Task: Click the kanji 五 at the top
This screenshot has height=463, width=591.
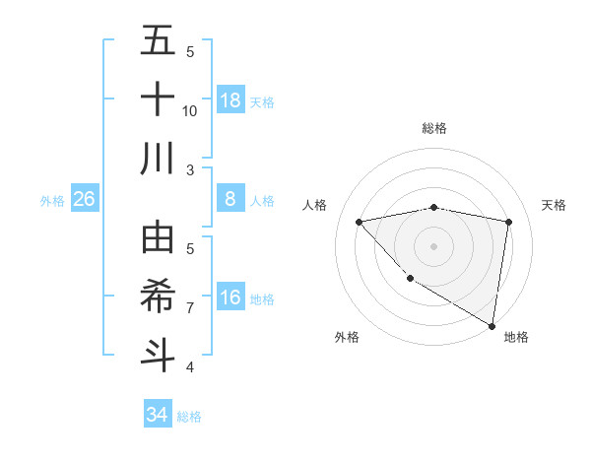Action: (158, 41)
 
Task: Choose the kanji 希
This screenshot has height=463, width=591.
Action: (158, 296)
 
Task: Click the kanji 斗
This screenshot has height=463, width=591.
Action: (158, 354)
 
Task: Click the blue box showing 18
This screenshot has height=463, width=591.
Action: (230, 100)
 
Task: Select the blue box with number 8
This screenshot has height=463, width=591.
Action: (230, 199)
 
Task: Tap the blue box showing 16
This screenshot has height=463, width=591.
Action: (230, 298)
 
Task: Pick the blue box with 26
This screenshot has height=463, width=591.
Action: (85, 199)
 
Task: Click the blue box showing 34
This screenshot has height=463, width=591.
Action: (158, 415)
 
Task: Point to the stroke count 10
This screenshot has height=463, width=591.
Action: (190, 110)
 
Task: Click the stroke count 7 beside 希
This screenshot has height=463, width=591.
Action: (190, 307)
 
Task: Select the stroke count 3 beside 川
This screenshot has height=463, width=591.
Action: (190, 169)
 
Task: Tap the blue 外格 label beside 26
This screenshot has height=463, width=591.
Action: (52, 201)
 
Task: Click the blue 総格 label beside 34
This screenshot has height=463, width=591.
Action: (189, 417)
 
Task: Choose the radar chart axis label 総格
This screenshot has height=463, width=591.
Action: (433, 128)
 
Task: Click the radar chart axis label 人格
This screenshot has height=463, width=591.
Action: (315, 205)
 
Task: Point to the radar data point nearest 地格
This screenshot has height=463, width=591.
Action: (492, 325)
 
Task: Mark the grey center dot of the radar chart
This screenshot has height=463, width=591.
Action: (433, 245)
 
